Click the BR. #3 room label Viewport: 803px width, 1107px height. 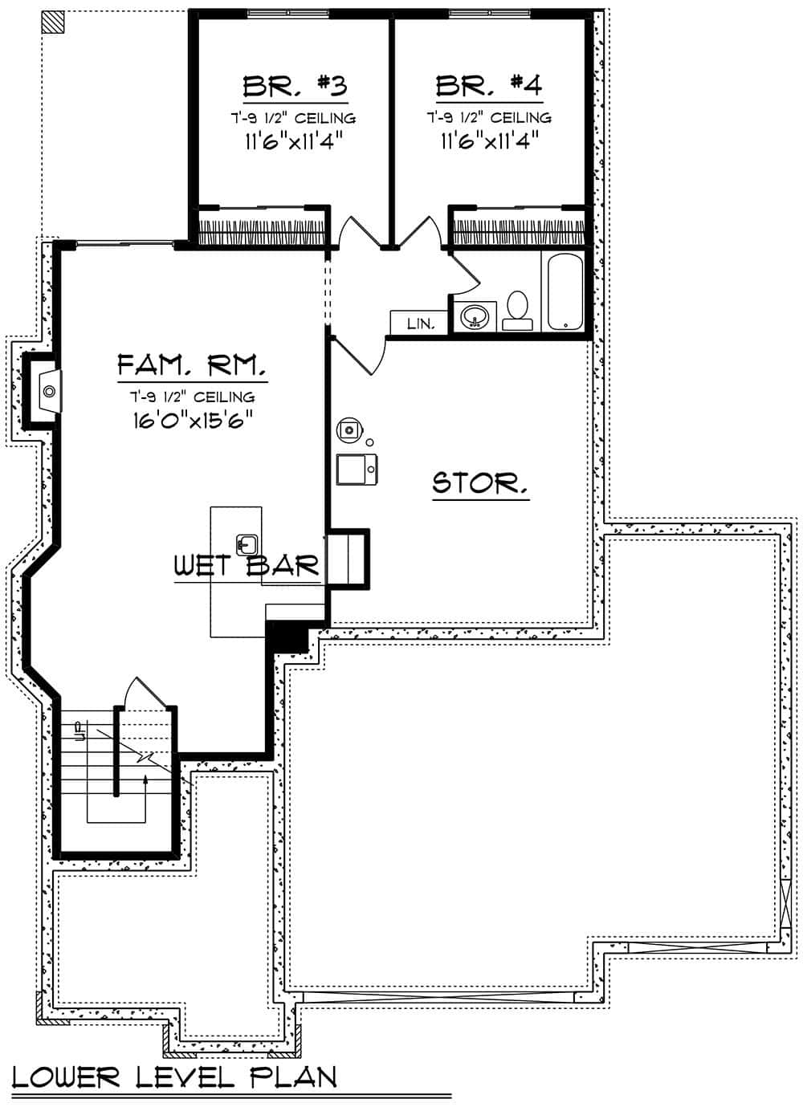point(295,84)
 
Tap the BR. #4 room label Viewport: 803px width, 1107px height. point(488,84)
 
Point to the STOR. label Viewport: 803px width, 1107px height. point(480,483)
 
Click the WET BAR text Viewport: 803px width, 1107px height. point(247,566)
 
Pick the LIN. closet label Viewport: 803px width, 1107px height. point(421,324)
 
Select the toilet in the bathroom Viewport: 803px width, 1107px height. point(517,311)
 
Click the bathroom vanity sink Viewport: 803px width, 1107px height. point(475,317)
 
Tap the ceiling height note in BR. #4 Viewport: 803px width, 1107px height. point(488,118)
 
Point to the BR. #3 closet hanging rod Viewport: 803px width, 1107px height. point(262,228)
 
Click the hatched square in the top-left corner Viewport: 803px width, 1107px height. point(53,22)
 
